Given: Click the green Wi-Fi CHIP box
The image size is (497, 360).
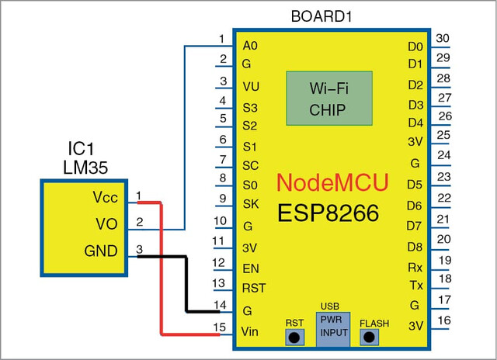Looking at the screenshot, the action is tap(329, 99).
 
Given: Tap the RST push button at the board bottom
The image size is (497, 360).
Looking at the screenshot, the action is tap(294, 337).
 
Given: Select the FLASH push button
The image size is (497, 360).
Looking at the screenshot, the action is tap(370, 337).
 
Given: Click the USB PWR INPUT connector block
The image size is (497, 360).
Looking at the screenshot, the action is tap(333, 329).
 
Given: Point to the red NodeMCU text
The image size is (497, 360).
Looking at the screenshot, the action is tap(332, 182).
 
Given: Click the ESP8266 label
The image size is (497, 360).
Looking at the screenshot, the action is tap(328, 213).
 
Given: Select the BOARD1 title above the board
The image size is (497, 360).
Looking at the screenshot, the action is tap(321, 16).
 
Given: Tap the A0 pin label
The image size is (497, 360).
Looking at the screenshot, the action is tap(250, 46).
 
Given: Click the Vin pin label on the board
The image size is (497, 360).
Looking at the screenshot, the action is tap(249, 332).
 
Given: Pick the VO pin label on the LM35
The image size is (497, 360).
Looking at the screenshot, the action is tap(107, 224).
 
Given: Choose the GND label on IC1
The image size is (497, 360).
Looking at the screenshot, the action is tap(101, 251).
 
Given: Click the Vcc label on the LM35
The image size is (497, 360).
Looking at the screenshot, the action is tap(106, 197).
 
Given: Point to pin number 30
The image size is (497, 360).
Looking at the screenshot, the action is tap(443, 38).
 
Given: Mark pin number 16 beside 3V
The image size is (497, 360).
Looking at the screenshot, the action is tap(444, 320).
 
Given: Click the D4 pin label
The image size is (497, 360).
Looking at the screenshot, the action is tap(415, 123).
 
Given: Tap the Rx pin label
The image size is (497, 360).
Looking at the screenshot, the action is tap(415, 268).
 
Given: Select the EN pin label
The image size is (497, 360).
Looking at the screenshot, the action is tap(251, 268).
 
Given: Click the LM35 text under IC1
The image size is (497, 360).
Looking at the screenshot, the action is tap(85, 167).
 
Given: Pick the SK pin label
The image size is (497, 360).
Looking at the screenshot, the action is tap(251, 204).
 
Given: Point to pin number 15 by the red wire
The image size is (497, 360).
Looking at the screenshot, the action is tap(219, 327).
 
